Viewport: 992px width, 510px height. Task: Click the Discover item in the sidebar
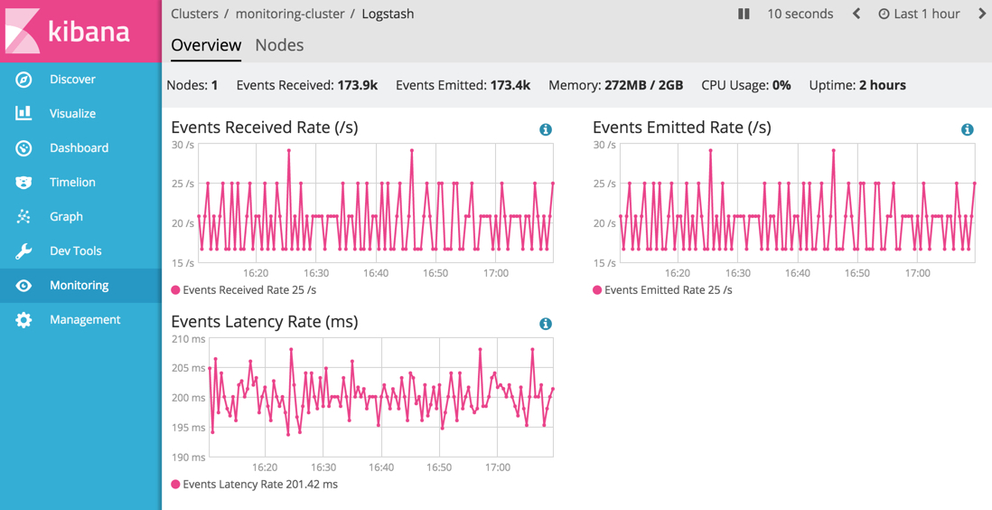72,80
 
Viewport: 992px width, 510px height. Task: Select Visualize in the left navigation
72,114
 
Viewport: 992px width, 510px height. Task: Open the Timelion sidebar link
72,183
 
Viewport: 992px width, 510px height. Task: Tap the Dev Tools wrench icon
23,251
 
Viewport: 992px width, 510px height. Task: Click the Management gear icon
23,320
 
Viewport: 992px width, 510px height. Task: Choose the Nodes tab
279,45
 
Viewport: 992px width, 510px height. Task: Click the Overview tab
206,45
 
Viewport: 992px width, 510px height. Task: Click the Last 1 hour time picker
919,14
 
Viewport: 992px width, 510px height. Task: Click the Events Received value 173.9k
357,85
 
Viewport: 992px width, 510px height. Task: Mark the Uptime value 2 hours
882,85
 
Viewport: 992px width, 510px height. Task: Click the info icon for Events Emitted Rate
967,129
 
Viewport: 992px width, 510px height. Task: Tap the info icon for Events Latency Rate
545,324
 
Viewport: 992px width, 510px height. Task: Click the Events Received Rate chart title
264,127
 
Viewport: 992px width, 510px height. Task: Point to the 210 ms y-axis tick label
188,339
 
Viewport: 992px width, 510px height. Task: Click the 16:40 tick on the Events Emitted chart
798,273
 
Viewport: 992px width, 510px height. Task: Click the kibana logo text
89,32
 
